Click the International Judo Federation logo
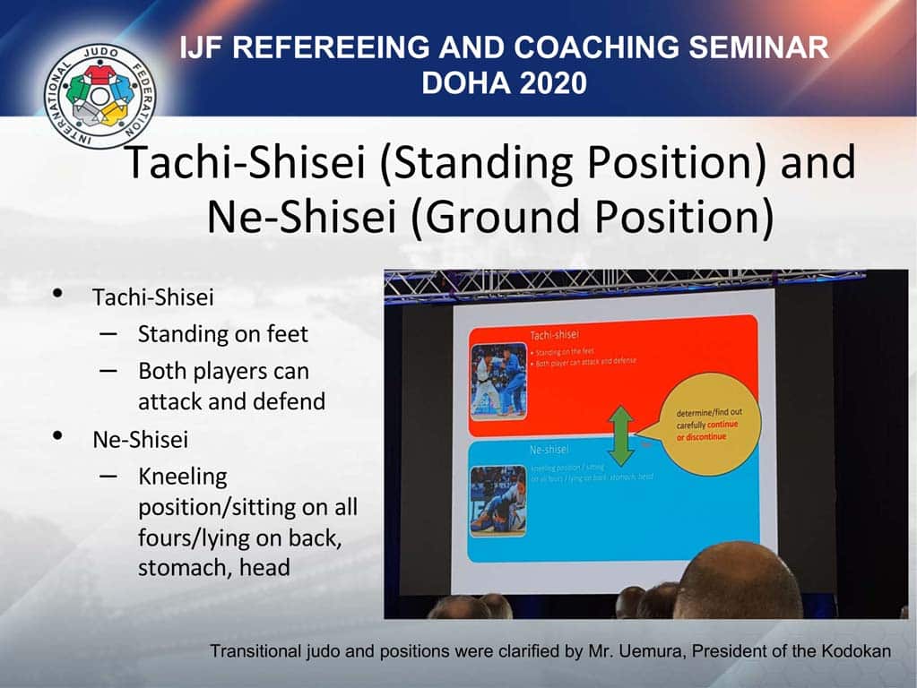[x=99, y=96]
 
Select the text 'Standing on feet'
[x=222, y=334]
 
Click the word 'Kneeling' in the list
[x=182, y=476]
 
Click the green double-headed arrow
[x=620, y=435]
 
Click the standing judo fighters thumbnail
[x=498, y=379]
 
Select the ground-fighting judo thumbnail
[x=497, y=500]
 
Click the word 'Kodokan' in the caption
[x=855, y=651]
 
